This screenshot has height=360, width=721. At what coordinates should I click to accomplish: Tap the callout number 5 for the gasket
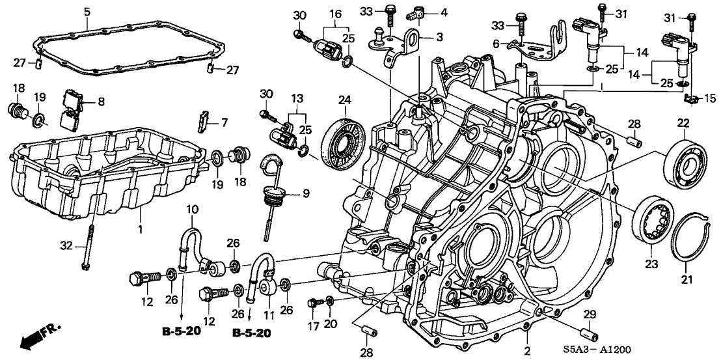[x=87, y=11]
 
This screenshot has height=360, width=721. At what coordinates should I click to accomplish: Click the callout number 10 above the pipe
[x=193, y=209]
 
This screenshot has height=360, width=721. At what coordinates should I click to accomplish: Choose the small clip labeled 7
[x=203, y=120]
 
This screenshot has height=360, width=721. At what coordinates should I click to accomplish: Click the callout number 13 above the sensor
[x=297, y=97]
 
